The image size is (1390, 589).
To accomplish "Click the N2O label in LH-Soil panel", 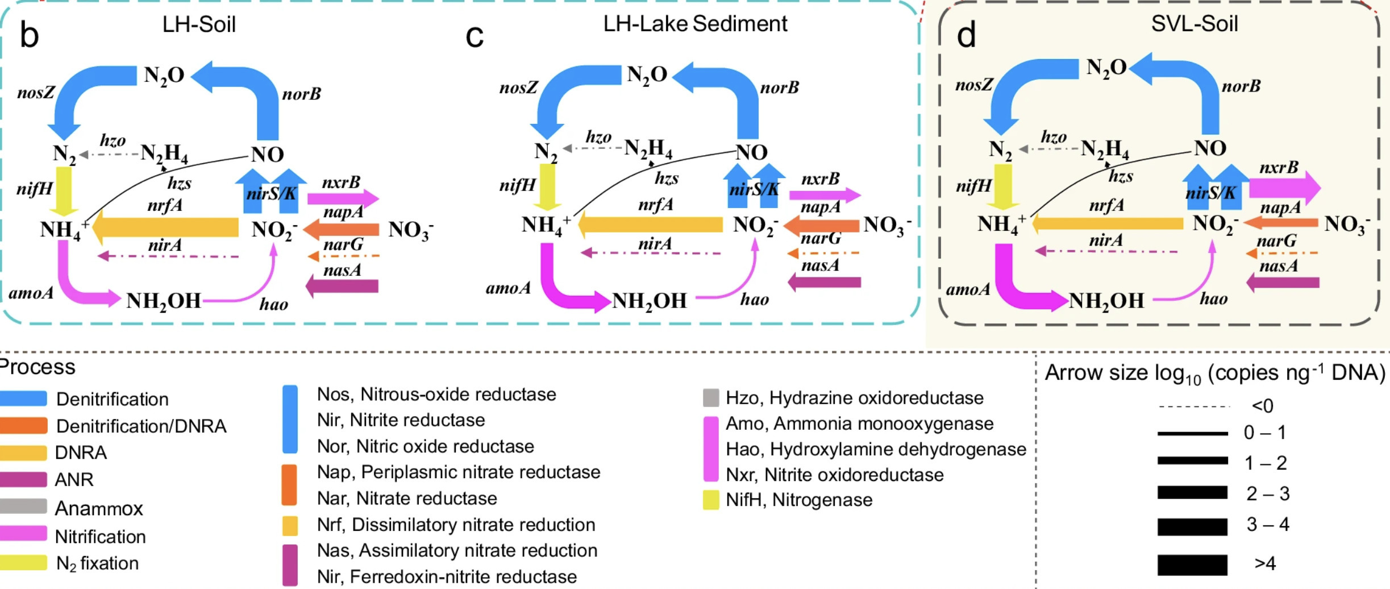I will (164, 76).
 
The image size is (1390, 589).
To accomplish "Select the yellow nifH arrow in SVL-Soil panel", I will (1003, 186).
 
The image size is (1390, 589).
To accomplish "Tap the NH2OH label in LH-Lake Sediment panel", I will (649, 301).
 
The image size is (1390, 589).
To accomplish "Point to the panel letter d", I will (966, 35).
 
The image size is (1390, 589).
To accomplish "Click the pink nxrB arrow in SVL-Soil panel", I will (1284, 188).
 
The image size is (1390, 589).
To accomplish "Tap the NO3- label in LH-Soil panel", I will (410, 230).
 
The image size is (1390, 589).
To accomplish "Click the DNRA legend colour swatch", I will (23, 453).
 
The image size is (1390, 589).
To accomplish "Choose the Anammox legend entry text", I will (98, 508).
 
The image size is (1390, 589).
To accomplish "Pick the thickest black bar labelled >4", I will (1192, 565).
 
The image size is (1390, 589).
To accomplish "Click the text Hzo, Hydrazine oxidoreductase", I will (854, 398).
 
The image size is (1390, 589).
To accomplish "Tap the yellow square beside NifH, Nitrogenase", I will (710, 500).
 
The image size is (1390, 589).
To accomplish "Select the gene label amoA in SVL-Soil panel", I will (968, 289).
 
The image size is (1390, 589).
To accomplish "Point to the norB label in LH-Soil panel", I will (301, 94).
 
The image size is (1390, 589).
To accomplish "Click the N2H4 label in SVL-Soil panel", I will (1104, 149).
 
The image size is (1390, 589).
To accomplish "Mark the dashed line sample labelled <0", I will (1193, 407).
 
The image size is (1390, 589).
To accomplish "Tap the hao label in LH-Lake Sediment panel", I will (754, 300).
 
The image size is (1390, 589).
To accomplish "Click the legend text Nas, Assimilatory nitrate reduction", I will (457, 550).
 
